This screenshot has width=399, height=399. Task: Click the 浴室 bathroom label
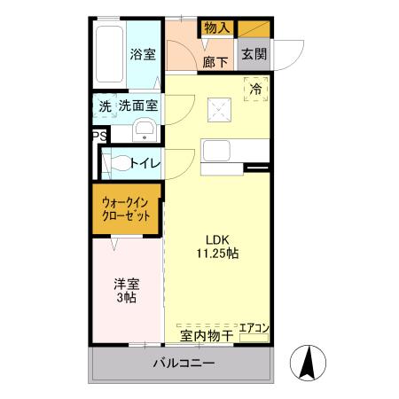144,54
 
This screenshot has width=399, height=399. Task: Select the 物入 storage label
216,27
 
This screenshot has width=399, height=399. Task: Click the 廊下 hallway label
215,62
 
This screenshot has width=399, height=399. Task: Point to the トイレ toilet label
145,164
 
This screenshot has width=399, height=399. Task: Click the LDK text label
218,239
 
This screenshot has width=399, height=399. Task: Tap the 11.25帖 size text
218,254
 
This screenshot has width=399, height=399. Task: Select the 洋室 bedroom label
125,284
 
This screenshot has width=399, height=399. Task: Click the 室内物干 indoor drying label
207,336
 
